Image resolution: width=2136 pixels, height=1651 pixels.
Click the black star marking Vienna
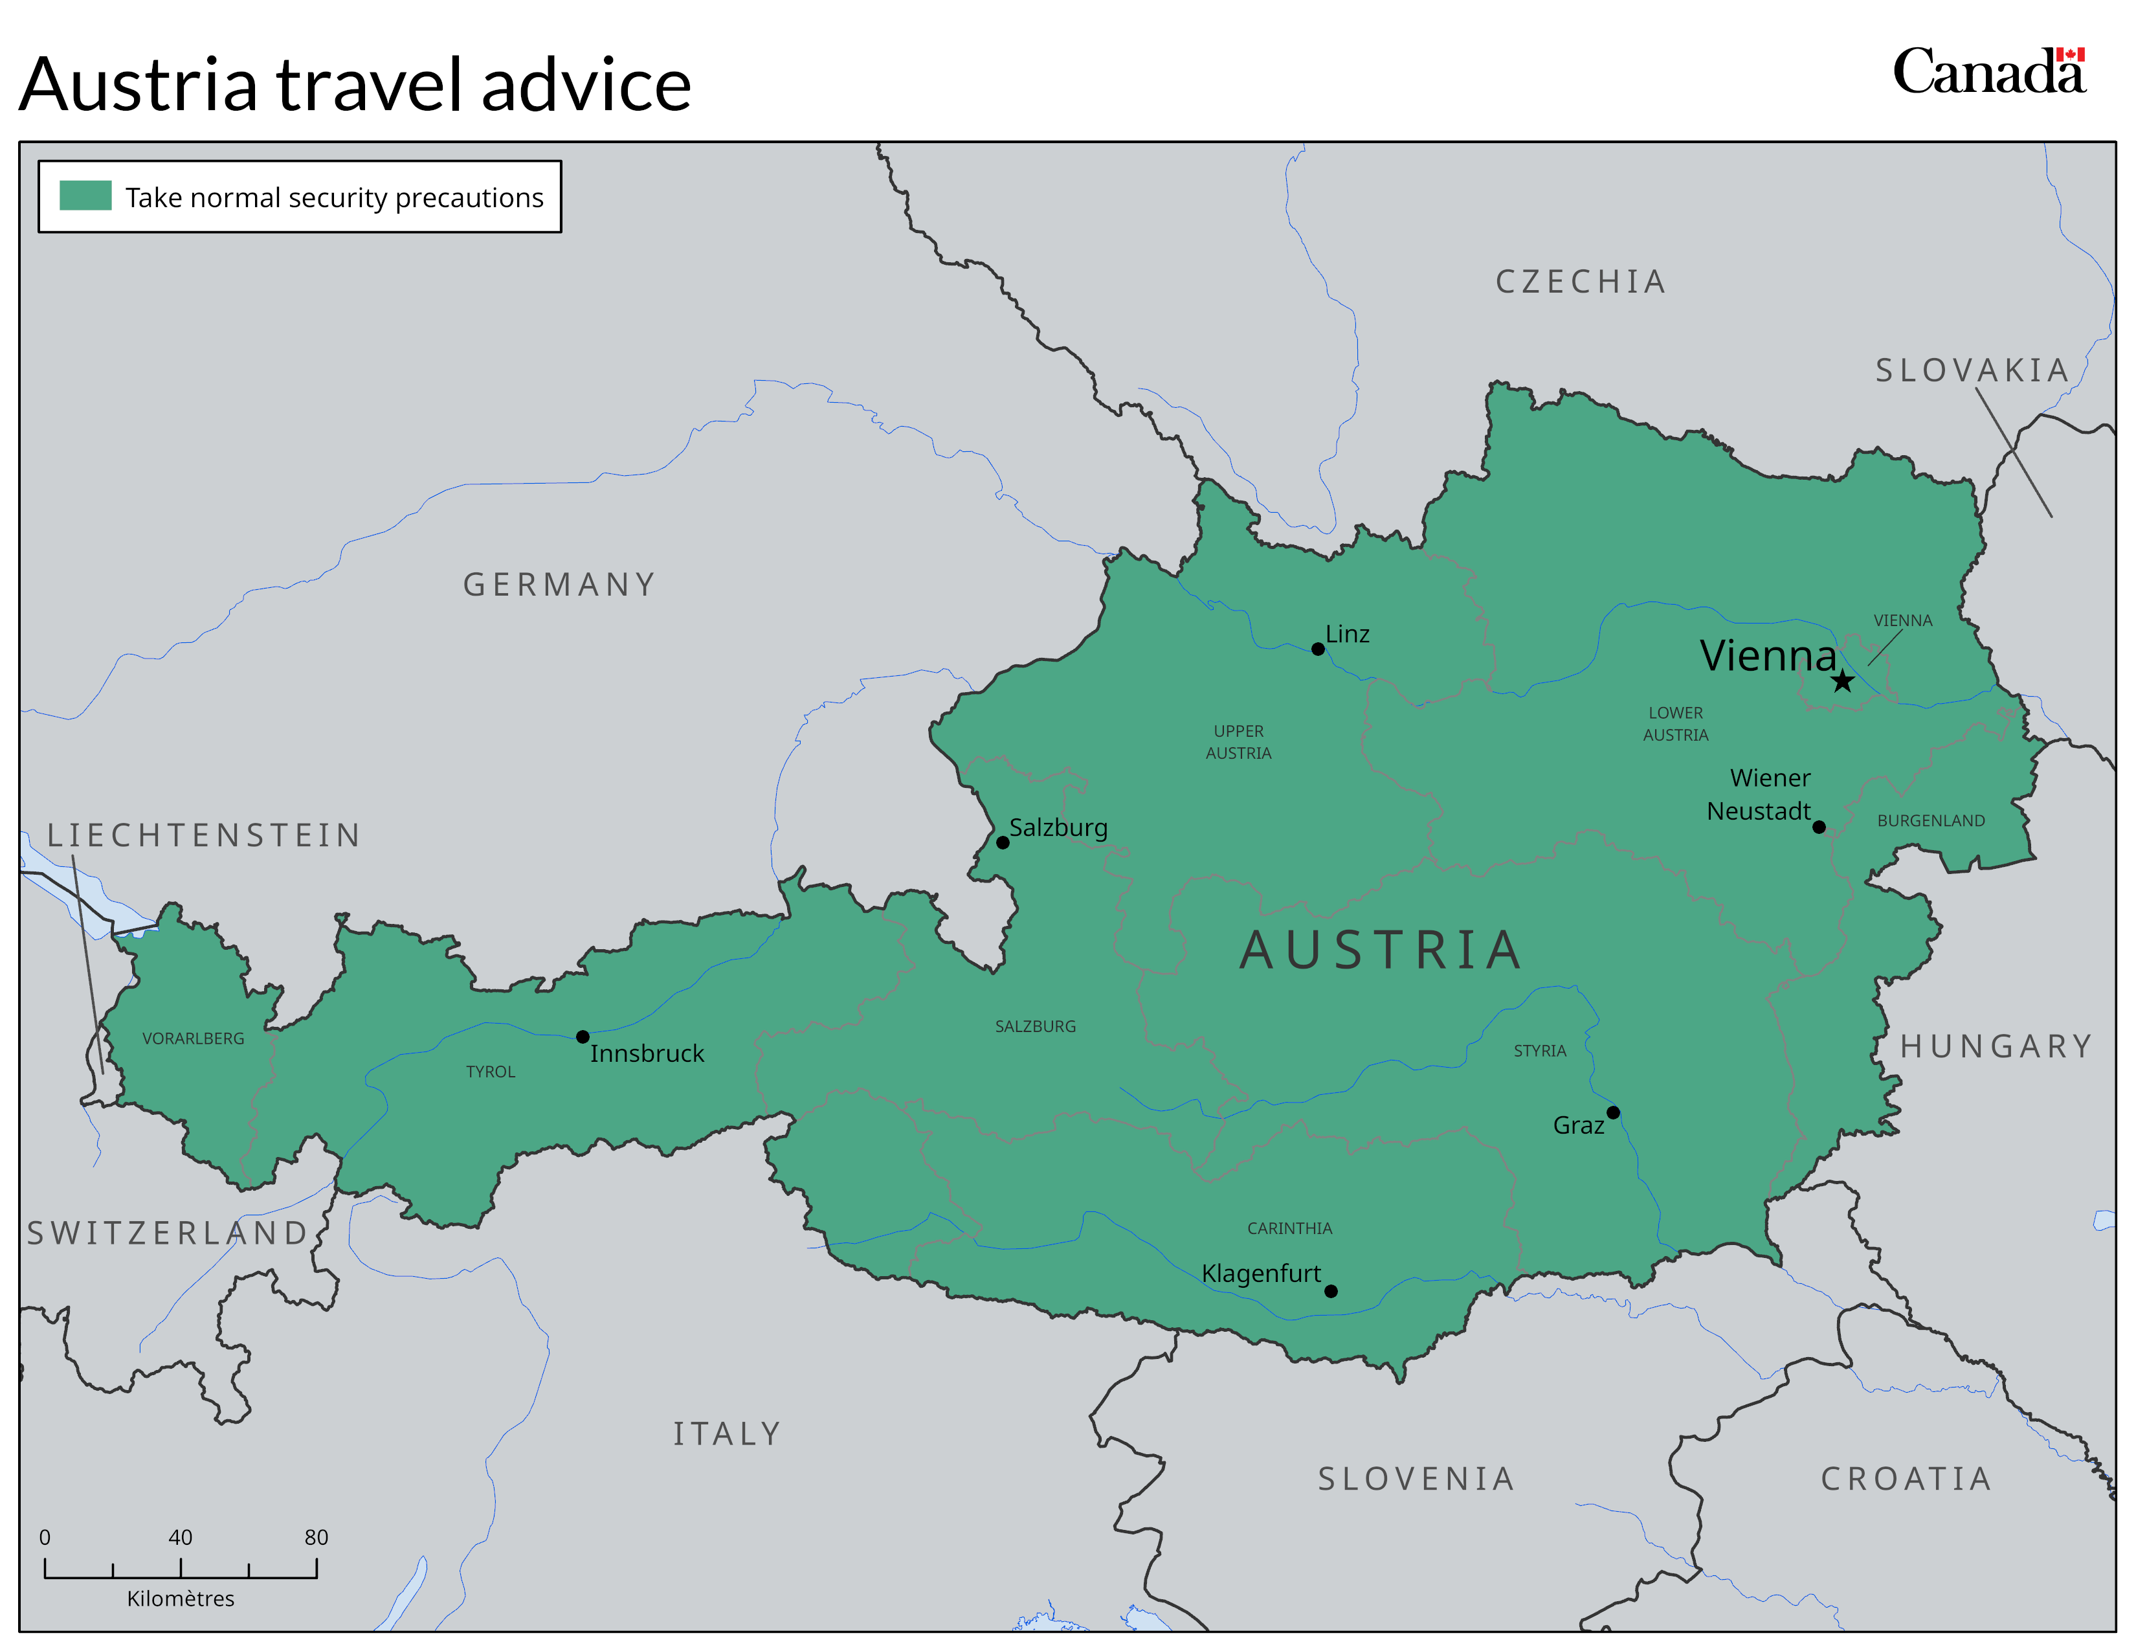(x=1843, y=682)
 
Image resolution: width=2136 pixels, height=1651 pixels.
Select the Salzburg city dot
(x=1003, y=842)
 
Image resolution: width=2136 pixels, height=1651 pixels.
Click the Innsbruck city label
(x=647, y=1053)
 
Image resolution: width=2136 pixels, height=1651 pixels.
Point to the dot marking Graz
(x=1613, y=1112)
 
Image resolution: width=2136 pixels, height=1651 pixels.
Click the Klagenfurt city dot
(x=1330, y=1291)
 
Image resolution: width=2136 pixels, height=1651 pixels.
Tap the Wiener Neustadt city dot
(x=1819, y=827)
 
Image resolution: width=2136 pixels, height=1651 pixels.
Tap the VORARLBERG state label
(x=194, y=1039)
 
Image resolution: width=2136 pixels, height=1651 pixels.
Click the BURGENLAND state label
(x=1931, y=820)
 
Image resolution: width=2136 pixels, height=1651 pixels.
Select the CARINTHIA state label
(x=1289, y=1228)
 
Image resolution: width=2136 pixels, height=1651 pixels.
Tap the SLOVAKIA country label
(x=1972, y=371)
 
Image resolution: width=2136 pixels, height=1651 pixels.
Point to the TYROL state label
(x=490, y=1072)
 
